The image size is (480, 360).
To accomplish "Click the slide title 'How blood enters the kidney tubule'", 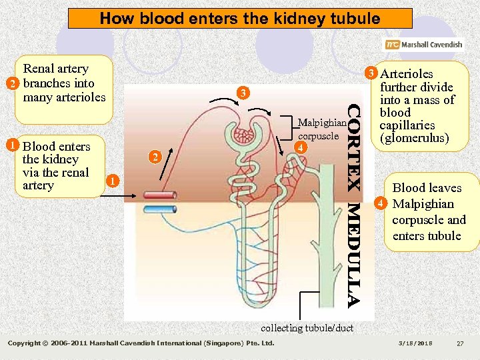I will tap(240, 19).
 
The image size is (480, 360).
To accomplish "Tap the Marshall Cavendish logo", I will tap(423, 45).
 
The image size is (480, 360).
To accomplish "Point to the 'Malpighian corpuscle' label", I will tap(322, 129).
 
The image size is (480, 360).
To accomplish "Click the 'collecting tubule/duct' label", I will tap(307, 327).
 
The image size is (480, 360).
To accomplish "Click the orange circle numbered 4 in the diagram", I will tap(301, 147).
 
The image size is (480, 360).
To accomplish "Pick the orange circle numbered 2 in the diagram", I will tap(154, 157).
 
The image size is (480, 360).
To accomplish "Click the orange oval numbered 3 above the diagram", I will tap(244, 93).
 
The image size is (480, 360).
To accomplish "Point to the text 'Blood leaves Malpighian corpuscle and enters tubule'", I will tap(427, 212).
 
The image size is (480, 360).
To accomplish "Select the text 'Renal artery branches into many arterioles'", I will tap(64, 83).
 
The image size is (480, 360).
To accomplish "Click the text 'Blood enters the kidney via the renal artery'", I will tap(56, 166).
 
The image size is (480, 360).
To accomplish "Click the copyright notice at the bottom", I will tap(141, 343).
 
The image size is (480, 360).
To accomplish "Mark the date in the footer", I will tap(415, 343).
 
